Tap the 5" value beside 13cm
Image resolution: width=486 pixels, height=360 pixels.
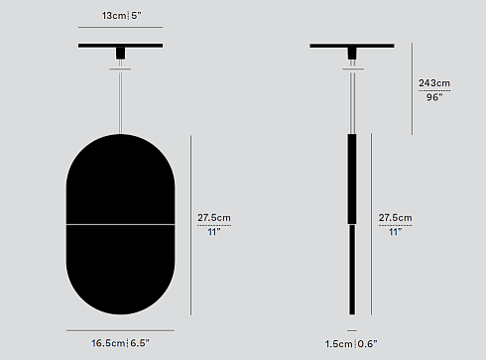pyautogui.click(x=137, y=15)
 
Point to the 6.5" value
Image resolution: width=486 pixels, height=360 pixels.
pyautogui.click(x=139, y=343)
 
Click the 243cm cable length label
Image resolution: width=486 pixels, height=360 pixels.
pyautogui.click(x=433, y=83)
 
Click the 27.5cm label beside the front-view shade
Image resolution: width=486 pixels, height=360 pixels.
pyautogui.click(x=213, y=217)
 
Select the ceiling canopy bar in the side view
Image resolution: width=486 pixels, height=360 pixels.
pyautogui.click(x=351, y=46)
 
